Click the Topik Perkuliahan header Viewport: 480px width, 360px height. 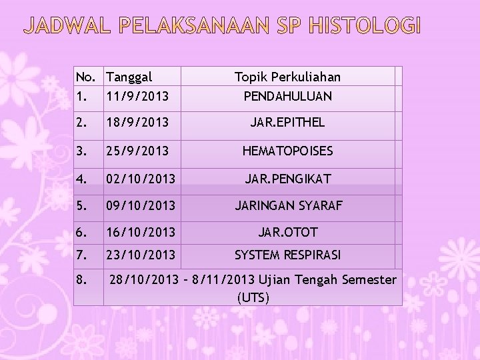[x=287, y=77]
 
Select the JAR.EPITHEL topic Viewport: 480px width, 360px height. [x=287, y=123]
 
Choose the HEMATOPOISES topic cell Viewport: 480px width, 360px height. [x=287, y=151]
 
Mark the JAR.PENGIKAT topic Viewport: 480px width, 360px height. [x=287, y=179]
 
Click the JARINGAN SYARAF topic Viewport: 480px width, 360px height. [x=287, y=206]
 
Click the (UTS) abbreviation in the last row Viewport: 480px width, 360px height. [x=253, y=296]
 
